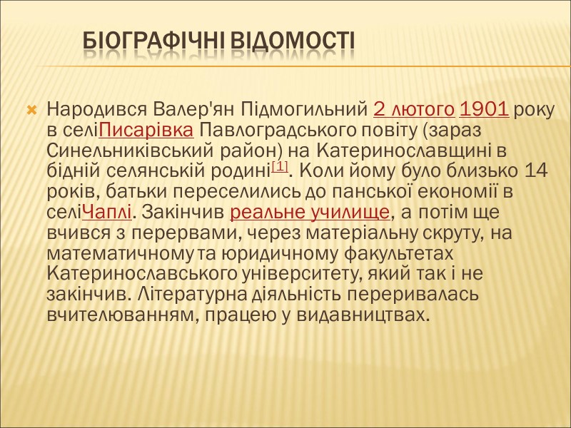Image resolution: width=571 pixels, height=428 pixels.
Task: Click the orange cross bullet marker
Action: point(31,111)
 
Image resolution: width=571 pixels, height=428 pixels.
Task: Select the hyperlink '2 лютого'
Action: point(414,111)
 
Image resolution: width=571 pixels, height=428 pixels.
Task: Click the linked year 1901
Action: point(484,111)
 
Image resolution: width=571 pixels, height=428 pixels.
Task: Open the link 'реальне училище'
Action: point(310,213)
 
